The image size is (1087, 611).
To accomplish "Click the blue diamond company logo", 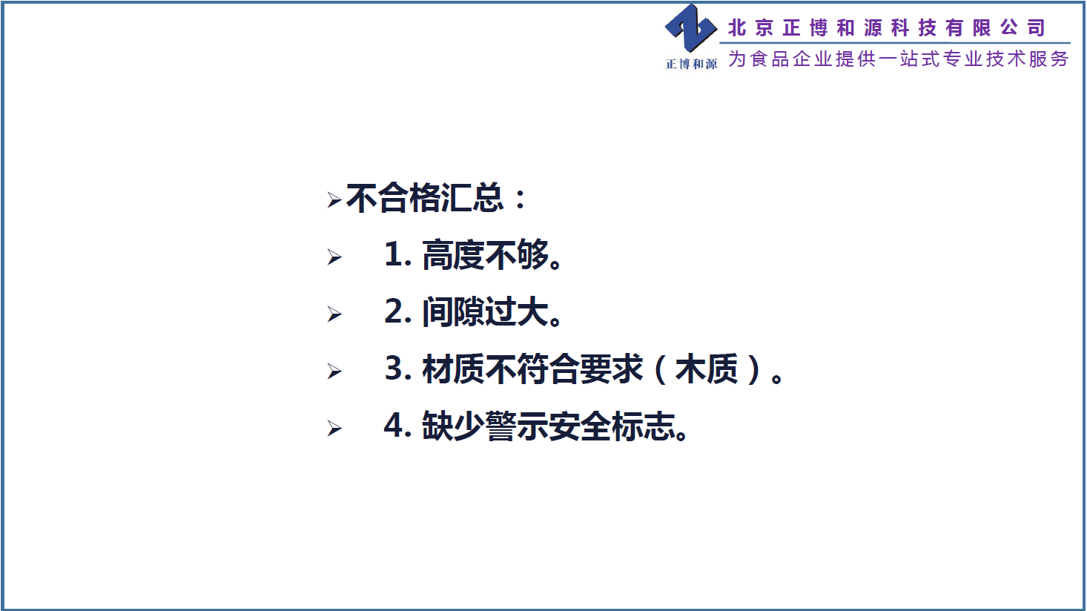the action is coord(690,28).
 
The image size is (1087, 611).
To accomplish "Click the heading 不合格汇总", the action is coord(425,199).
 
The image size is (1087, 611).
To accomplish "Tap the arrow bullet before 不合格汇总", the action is coord(334,200).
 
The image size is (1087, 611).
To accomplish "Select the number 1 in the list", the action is coord(394,254).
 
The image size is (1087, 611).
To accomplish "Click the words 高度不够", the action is coord(485,255).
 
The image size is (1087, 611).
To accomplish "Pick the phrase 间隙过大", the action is coord(485,311).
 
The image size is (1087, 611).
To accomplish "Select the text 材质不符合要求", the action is coord(533,369).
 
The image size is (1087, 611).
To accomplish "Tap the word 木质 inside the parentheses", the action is coord(707,369).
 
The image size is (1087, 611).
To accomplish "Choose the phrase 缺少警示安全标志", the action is coord(549,426).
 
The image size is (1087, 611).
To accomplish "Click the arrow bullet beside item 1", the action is coord(334,257).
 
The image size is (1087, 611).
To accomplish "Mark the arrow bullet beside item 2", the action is coord(334,314).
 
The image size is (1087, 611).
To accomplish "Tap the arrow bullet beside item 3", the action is coord(334,371).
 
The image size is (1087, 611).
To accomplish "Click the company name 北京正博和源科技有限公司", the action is coord(886,27).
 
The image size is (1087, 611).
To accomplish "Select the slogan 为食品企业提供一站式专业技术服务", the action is coord(898,59).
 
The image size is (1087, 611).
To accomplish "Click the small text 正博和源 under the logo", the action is coord(691,64).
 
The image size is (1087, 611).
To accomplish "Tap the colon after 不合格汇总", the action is coord(521,199).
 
